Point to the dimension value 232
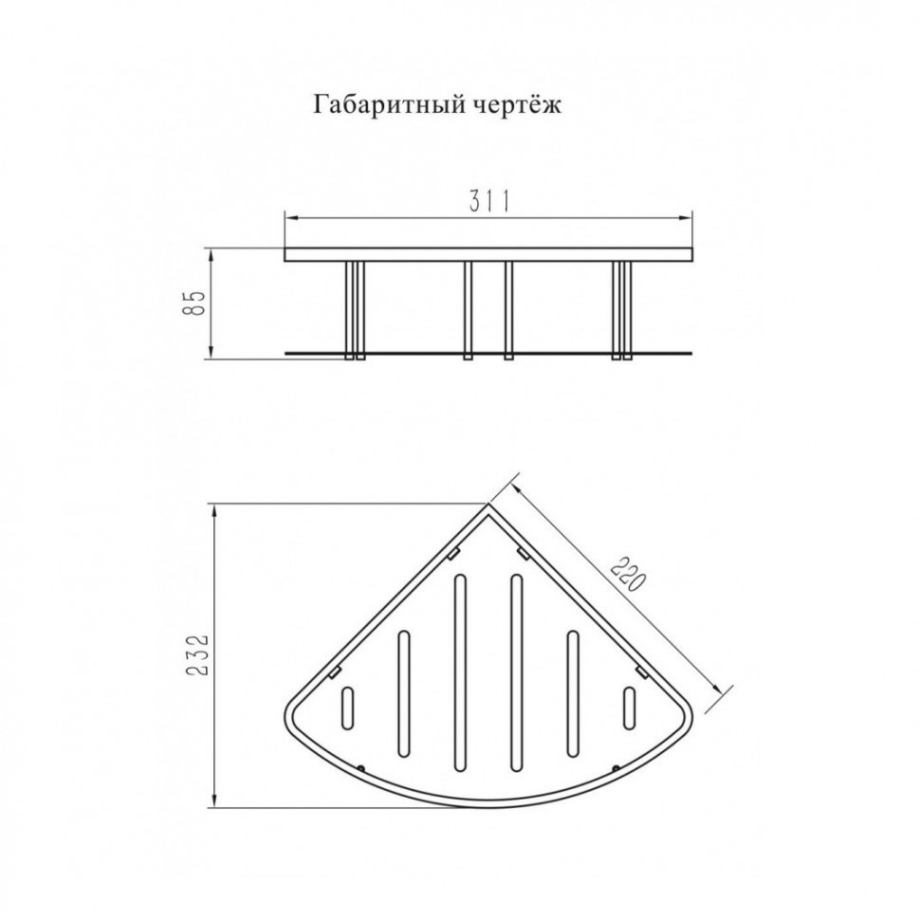pyautogui.click(x=195, y=655)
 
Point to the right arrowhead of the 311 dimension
pyautogui.click(x=690, y=219)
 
